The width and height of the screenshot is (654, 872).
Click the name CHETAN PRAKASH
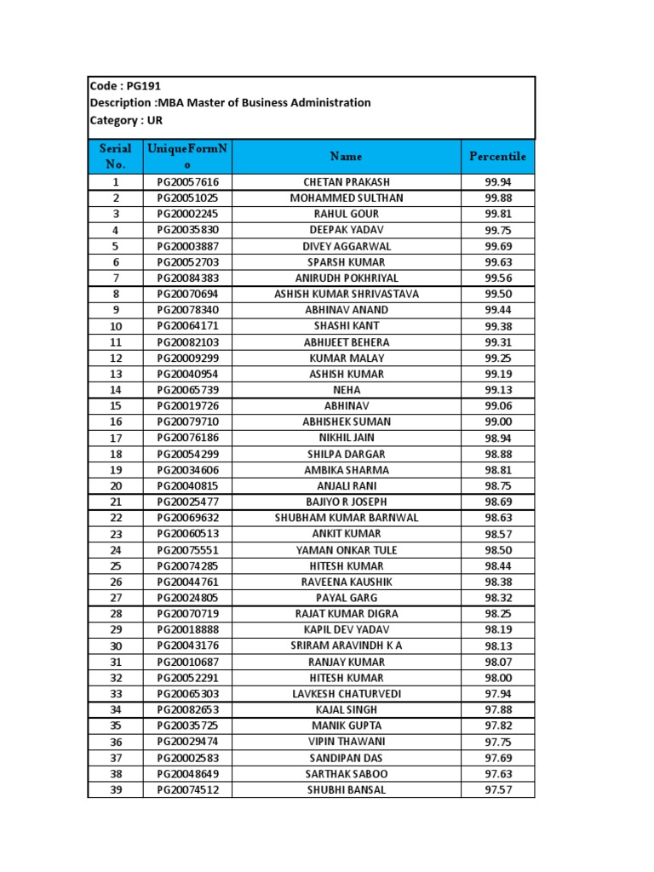pos(346,182)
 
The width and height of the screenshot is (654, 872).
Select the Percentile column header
pos(497,157)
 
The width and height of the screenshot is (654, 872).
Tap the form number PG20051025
pos(187,198)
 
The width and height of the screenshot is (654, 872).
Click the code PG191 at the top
pos(142,86)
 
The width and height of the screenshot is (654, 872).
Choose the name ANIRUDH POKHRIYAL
pos(346,278)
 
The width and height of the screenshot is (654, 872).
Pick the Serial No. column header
pos(116,157)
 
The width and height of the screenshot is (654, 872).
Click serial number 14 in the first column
pos(116,390)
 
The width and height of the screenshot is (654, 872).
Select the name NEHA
pos(346,390)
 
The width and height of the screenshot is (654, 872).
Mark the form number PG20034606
pos(187,470)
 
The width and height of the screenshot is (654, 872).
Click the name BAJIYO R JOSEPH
pos(346,502)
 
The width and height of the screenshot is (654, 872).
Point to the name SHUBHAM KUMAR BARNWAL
pos(346,518)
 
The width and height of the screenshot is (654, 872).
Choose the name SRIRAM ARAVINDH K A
pos(346,646)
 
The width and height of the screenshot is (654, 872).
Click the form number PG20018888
pos(187,630)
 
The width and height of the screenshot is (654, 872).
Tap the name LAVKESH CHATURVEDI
pos(346,694)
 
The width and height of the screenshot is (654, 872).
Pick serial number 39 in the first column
pos(116,790)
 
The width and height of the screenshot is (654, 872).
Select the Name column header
pos(346,157)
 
